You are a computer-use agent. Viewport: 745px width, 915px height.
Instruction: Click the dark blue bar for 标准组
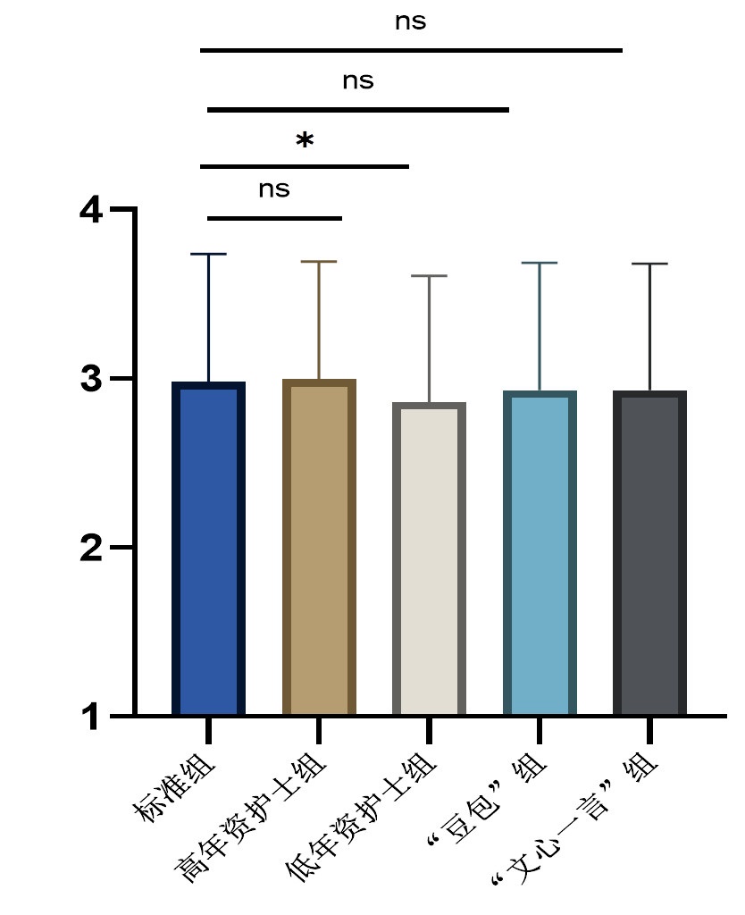click(208, 550)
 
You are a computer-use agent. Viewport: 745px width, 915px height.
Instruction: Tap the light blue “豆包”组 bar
click(540, 554)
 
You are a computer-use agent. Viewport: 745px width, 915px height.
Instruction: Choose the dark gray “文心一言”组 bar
click(649, 554)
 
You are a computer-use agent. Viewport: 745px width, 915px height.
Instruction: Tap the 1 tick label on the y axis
click(91, 716)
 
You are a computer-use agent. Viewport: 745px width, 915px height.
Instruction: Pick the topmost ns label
click(410, 21)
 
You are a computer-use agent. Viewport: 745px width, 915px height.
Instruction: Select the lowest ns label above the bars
click(274, 189)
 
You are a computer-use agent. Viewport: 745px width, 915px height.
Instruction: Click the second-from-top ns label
click(357, 80)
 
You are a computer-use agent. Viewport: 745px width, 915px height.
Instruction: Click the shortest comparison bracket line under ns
click(274, 218)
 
